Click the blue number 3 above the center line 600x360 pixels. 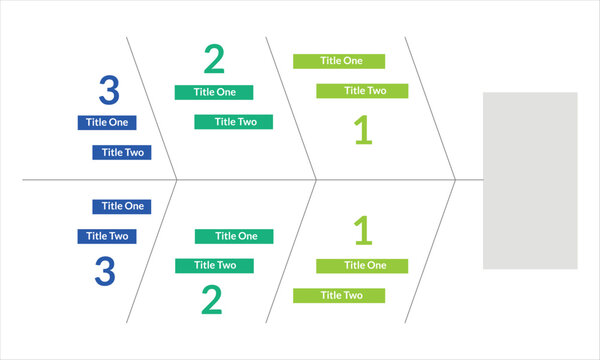point(108,91)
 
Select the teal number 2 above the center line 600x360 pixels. point(214,60)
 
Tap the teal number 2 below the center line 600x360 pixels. point(211,300)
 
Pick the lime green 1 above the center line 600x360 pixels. point(363,131)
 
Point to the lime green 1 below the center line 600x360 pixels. point(363,231)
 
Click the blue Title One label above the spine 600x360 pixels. point(108,122)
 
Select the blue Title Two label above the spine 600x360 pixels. point(122,153)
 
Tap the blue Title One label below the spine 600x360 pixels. point(122,206)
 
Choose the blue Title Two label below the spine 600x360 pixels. point(108,236)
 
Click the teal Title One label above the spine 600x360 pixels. point(214,92)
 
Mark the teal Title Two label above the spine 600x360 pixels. point(233,122)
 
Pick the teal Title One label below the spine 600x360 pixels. point(233,236)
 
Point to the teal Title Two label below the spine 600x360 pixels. point(214,265)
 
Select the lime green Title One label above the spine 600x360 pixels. point(339,61)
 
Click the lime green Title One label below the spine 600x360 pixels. point(363,265)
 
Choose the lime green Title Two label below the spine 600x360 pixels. point(339,295)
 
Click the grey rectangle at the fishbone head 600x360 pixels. point(530,180)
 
